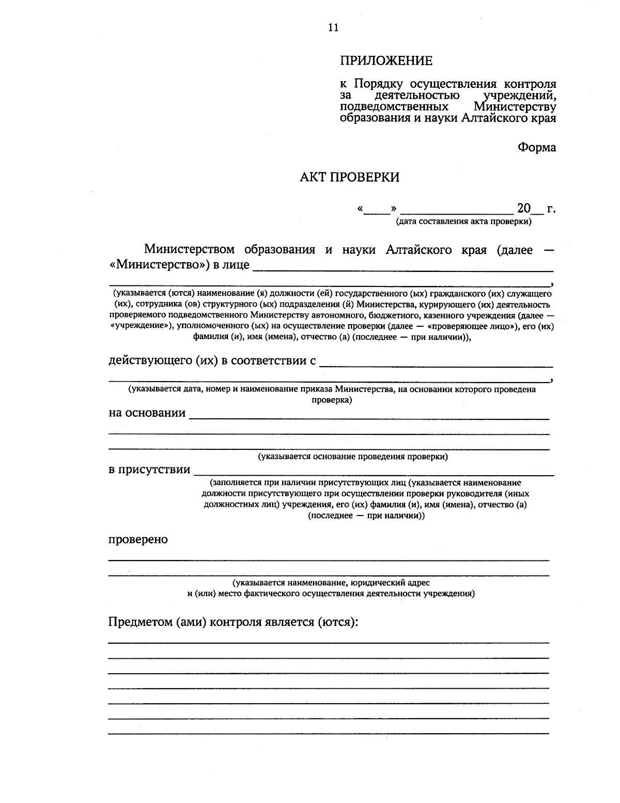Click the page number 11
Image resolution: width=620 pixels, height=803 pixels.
pos(333,28)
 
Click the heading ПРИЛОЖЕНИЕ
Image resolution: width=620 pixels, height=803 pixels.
pos(386,61)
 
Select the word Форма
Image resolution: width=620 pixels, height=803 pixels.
pos(537,147)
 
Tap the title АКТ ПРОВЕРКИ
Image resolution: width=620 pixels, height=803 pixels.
pos(350,178)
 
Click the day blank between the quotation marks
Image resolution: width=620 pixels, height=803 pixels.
pos(376,210)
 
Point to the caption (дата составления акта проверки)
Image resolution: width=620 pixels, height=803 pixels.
pos(463,222)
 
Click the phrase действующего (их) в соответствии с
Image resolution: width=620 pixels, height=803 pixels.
pos(212,360)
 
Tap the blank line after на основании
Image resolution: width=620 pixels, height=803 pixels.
pos(369,415)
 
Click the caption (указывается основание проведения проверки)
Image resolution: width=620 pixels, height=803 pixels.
pos(353,457)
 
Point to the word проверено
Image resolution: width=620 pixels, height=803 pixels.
pos(138,539)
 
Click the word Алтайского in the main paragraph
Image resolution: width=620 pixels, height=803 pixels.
pos(421,250)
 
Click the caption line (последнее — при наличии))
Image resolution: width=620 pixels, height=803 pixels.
pos(366,516)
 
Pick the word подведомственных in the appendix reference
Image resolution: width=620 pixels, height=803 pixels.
pos(394,107)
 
